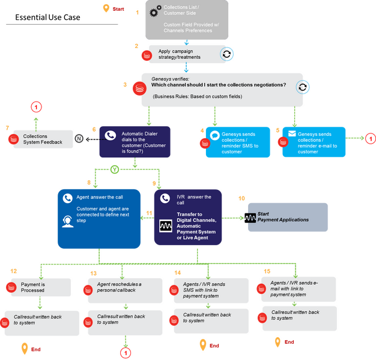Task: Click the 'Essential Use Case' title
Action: (x=47, y=17)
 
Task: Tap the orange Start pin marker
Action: (x=106, y=8)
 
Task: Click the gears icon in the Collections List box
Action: (x=155, y=11)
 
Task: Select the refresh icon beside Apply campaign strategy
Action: (x=226, y=54)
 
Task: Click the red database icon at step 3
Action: (x=139, y=88)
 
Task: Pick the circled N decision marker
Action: (x=79, y=138)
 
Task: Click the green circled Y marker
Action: (x=115, y=169)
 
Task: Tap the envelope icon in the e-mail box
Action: (x=292, y=133)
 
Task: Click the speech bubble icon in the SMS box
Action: (x=215, y=135)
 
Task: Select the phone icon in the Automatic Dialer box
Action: (x=111, y=136)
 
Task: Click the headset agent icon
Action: (x=68, y=221)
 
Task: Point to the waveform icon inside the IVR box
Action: (x=166, y=226)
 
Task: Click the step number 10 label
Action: (x=241, y=198)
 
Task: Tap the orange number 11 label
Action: (x=149, y=213)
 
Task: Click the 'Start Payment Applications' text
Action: (x=283, y=217)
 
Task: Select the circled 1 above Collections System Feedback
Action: (x=36, y=107)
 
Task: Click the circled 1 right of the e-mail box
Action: (x=371, y=139)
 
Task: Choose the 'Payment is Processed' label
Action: (x=32, y=287)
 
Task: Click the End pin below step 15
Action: (x=277, y=342)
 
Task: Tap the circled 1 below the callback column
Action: (x=126, y=353)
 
